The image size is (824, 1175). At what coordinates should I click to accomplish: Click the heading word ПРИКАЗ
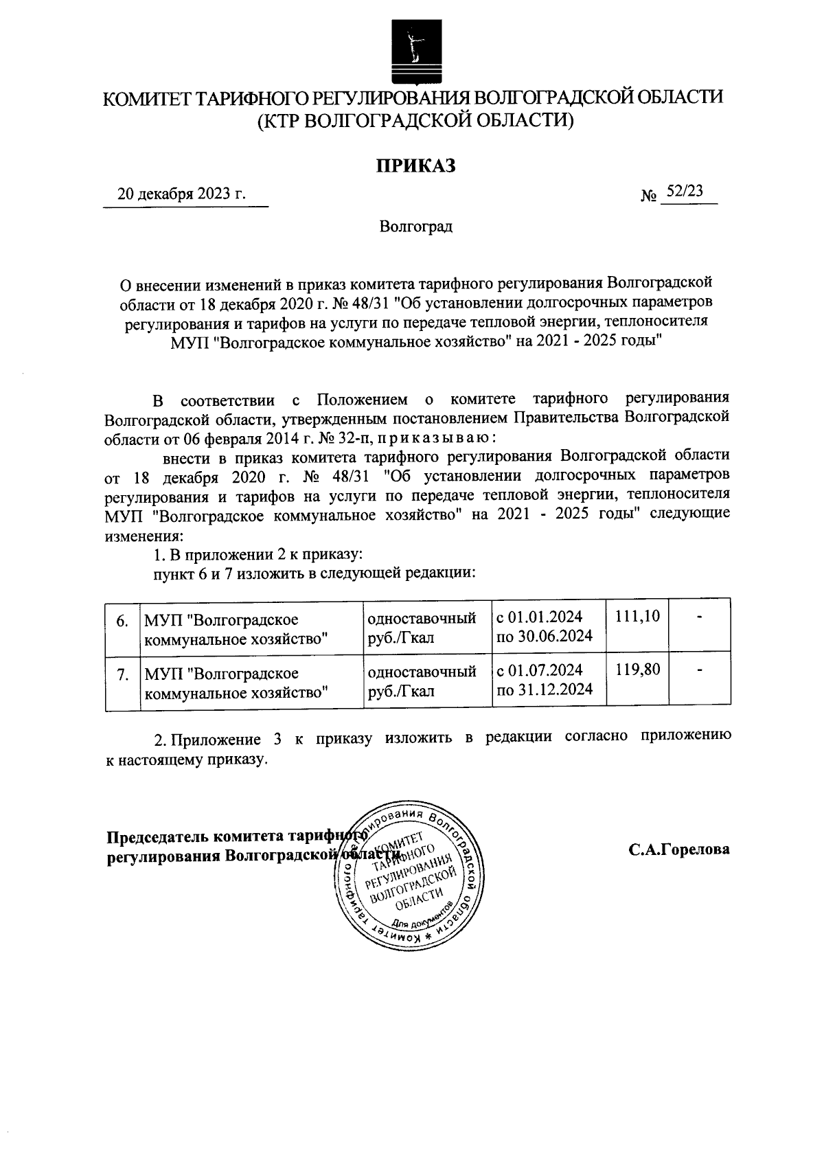(x=415, y=166)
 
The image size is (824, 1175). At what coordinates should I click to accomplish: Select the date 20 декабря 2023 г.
(x=181, y=194)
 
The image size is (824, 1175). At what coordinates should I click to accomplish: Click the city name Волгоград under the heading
(x=415, y=226)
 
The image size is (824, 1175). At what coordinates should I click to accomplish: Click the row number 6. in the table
(x=122, y=621)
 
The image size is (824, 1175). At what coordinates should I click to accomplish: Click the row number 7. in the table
(x=122, y=674)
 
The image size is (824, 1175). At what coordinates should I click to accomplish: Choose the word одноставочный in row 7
(x=422, y=671)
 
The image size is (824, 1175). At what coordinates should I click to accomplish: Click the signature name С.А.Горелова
(x=679, y=849)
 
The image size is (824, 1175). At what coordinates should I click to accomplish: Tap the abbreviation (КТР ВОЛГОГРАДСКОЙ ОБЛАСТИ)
(x=414, y=121)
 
